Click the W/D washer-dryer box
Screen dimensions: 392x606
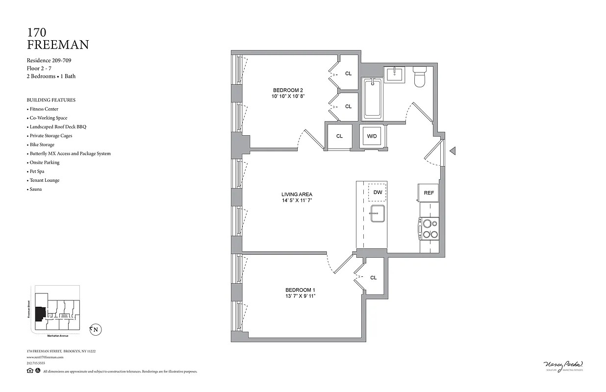372,136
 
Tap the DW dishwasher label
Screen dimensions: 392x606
378,192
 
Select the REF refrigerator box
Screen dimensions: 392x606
429,193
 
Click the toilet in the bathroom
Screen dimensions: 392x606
420,77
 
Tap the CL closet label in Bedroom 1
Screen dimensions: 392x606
373,277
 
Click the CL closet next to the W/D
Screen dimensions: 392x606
339,136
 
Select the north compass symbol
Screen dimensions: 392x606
96,330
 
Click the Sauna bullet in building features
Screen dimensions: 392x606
35,189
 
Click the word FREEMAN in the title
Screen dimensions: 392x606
58,45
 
